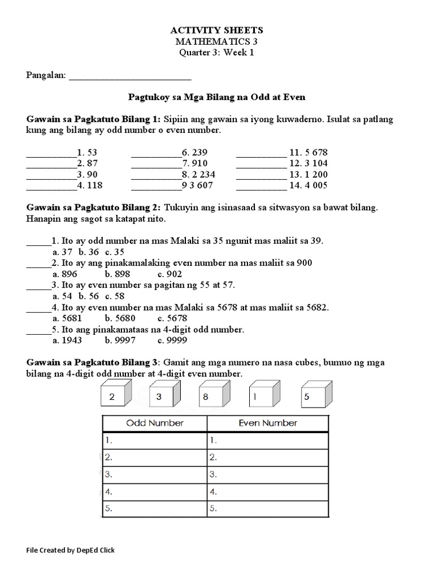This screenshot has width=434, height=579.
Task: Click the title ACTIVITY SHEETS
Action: pos(217,30)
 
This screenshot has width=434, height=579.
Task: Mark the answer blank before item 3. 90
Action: pos(51,174)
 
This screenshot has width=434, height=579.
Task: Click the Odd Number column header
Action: pos(154,423)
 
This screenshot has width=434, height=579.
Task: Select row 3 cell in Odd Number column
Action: pos(154,474)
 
